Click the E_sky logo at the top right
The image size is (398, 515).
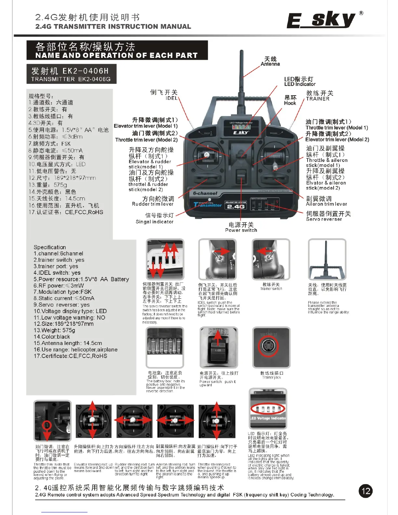321,20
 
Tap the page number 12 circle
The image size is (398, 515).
366,491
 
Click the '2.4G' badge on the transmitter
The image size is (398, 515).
236,206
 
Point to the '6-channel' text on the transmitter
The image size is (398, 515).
205,193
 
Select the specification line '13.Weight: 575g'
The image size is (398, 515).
54,330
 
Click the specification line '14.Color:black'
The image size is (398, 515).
52,337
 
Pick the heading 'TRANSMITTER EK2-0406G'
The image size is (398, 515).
71,79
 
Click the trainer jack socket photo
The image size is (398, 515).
271,347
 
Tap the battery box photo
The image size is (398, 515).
165,347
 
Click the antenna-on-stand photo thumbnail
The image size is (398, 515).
327,259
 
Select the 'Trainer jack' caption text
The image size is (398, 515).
272,377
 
